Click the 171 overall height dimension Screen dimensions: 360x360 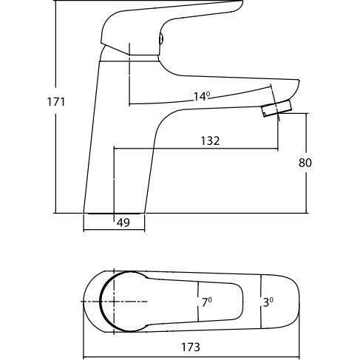[x=56, y=102]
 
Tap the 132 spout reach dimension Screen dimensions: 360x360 [x=210, y=141]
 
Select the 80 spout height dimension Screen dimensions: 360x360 [x=305, y=163]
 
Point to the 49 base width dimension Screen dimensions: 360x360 [x=123, y=223]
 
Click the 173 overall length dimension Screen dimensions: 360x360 [x=191, y=347]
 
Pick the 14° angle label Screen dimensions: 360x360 [x=202, y=96]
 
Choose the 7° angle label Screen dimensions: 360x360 [x=207, y=302]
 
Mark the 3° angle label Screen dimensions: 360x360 [x=268, y=302]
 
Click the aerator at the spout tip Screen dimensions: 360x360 [x=276, y=109]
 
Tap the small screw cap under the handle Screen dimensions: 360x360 [x=161, y=39]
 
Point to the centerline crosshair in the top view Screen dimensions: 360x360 [x=114, y=301]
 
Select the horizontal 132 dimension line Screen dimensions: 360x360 [x=196, y=149]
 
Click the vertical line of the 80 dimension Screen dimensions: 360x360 [x=307, y=163]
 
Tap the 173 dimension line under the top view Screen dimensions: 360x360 [x=191, y=357]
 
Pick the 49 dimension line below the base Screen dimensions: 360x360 [x=114, y=230]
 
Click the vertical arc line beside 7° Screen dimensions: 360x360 [x=198, y=302]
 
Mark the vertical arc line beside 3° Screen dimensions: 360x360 [x=261, y=302]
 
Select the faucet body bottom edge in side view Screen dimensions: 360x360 [x=114, y=213]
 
